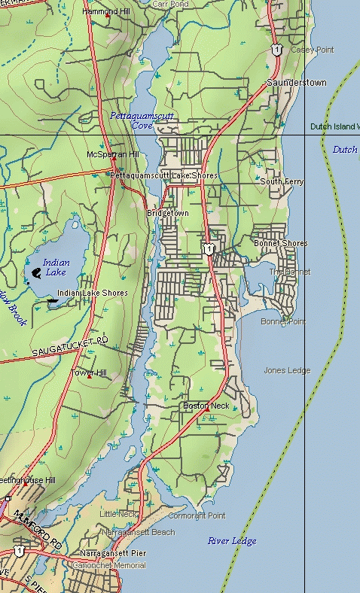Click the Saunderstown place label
[297, 82]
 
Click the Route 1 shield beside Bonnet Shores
[206, 248]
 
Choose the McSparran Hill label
[113, 154]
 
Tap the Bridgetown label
[168, 214]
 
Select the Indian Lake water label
[56, 267]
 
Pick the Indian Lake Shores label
[93, 293]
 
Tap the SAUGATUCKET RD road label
[70, 347]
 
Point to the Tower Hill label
[89, 373]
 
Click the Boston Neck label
[206, 406]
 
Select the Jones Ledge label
[287, 370]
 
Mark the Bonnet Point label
[283, 322]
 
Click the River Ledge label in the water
[232, 541]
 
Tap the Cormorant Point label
[197, 515]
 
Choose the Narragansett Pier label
[113, 553]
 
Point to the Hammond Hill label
[105, 13]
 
